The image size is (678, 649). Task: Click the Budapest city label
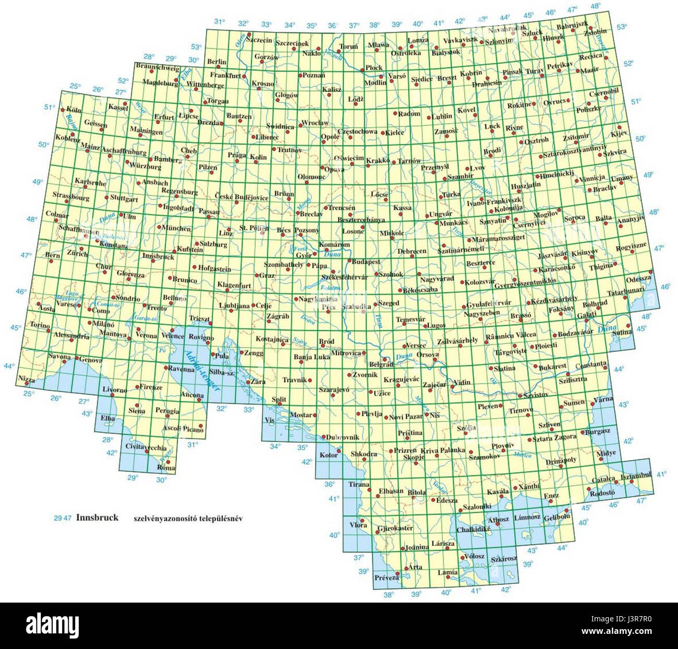pos(366,262)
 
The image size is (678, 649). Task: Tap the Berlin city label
pos(217,62)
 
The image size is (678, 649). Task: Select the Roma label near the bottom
pos(166,468)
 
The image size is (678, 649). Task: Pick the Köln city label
pos(75,111)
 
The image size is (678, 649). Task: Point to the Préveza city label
pos(386,578)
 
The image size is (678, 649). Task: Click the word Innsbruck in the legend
pos(97,518)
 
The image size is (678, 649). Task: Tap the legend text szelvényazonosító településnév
pos(189,519)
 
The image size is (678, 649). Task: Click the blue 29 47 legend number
pos(63,518)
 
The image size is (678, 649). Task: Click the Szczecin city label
pos(260,40)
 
